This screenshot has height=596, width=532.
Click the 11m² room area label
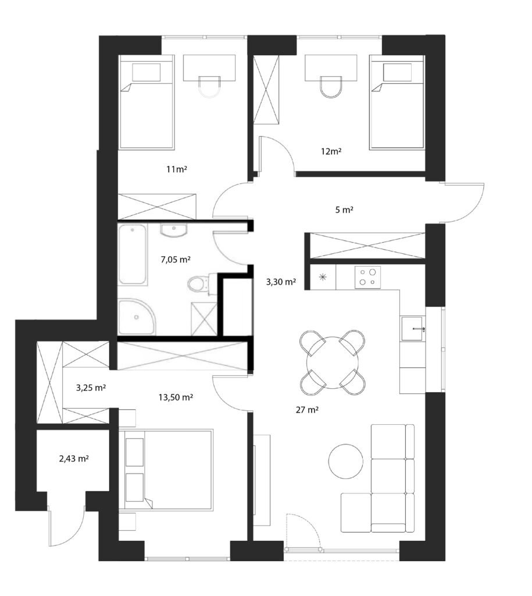coord(177,169)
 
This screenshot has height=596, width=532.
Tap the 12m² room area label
coord(331,151)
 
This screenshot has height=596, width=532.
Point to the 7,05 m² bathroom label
coord(176,260)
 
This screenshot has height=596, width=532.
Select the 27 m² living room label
coord(307,410)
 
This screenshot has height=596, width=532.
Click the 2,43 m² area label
coord(74,459)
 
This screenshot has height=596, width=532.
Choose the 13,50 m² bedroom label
coord(176,398)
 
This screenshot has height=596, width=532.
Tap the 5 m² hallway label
coord(344,210)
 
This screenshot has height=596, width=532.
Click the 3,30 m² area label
coord(281,282)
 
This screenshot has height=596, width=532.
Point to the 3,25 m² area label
coord(91,388)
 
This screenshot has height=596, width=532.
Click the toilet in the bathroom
coord(198,283)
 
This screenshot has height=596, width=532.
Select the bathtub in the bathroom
coord(132,254)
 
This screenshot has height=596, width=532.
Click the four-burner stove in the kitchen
coord(367,277)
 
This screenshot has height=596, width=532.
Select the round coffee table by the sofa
coord(345,461)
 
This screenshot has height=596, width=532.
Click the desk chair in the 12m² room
coord(331,87)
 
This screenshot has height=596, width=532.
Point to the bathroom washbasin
coord(174,230)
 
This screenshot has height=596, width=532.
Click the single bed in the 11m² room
coord(147,102)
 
